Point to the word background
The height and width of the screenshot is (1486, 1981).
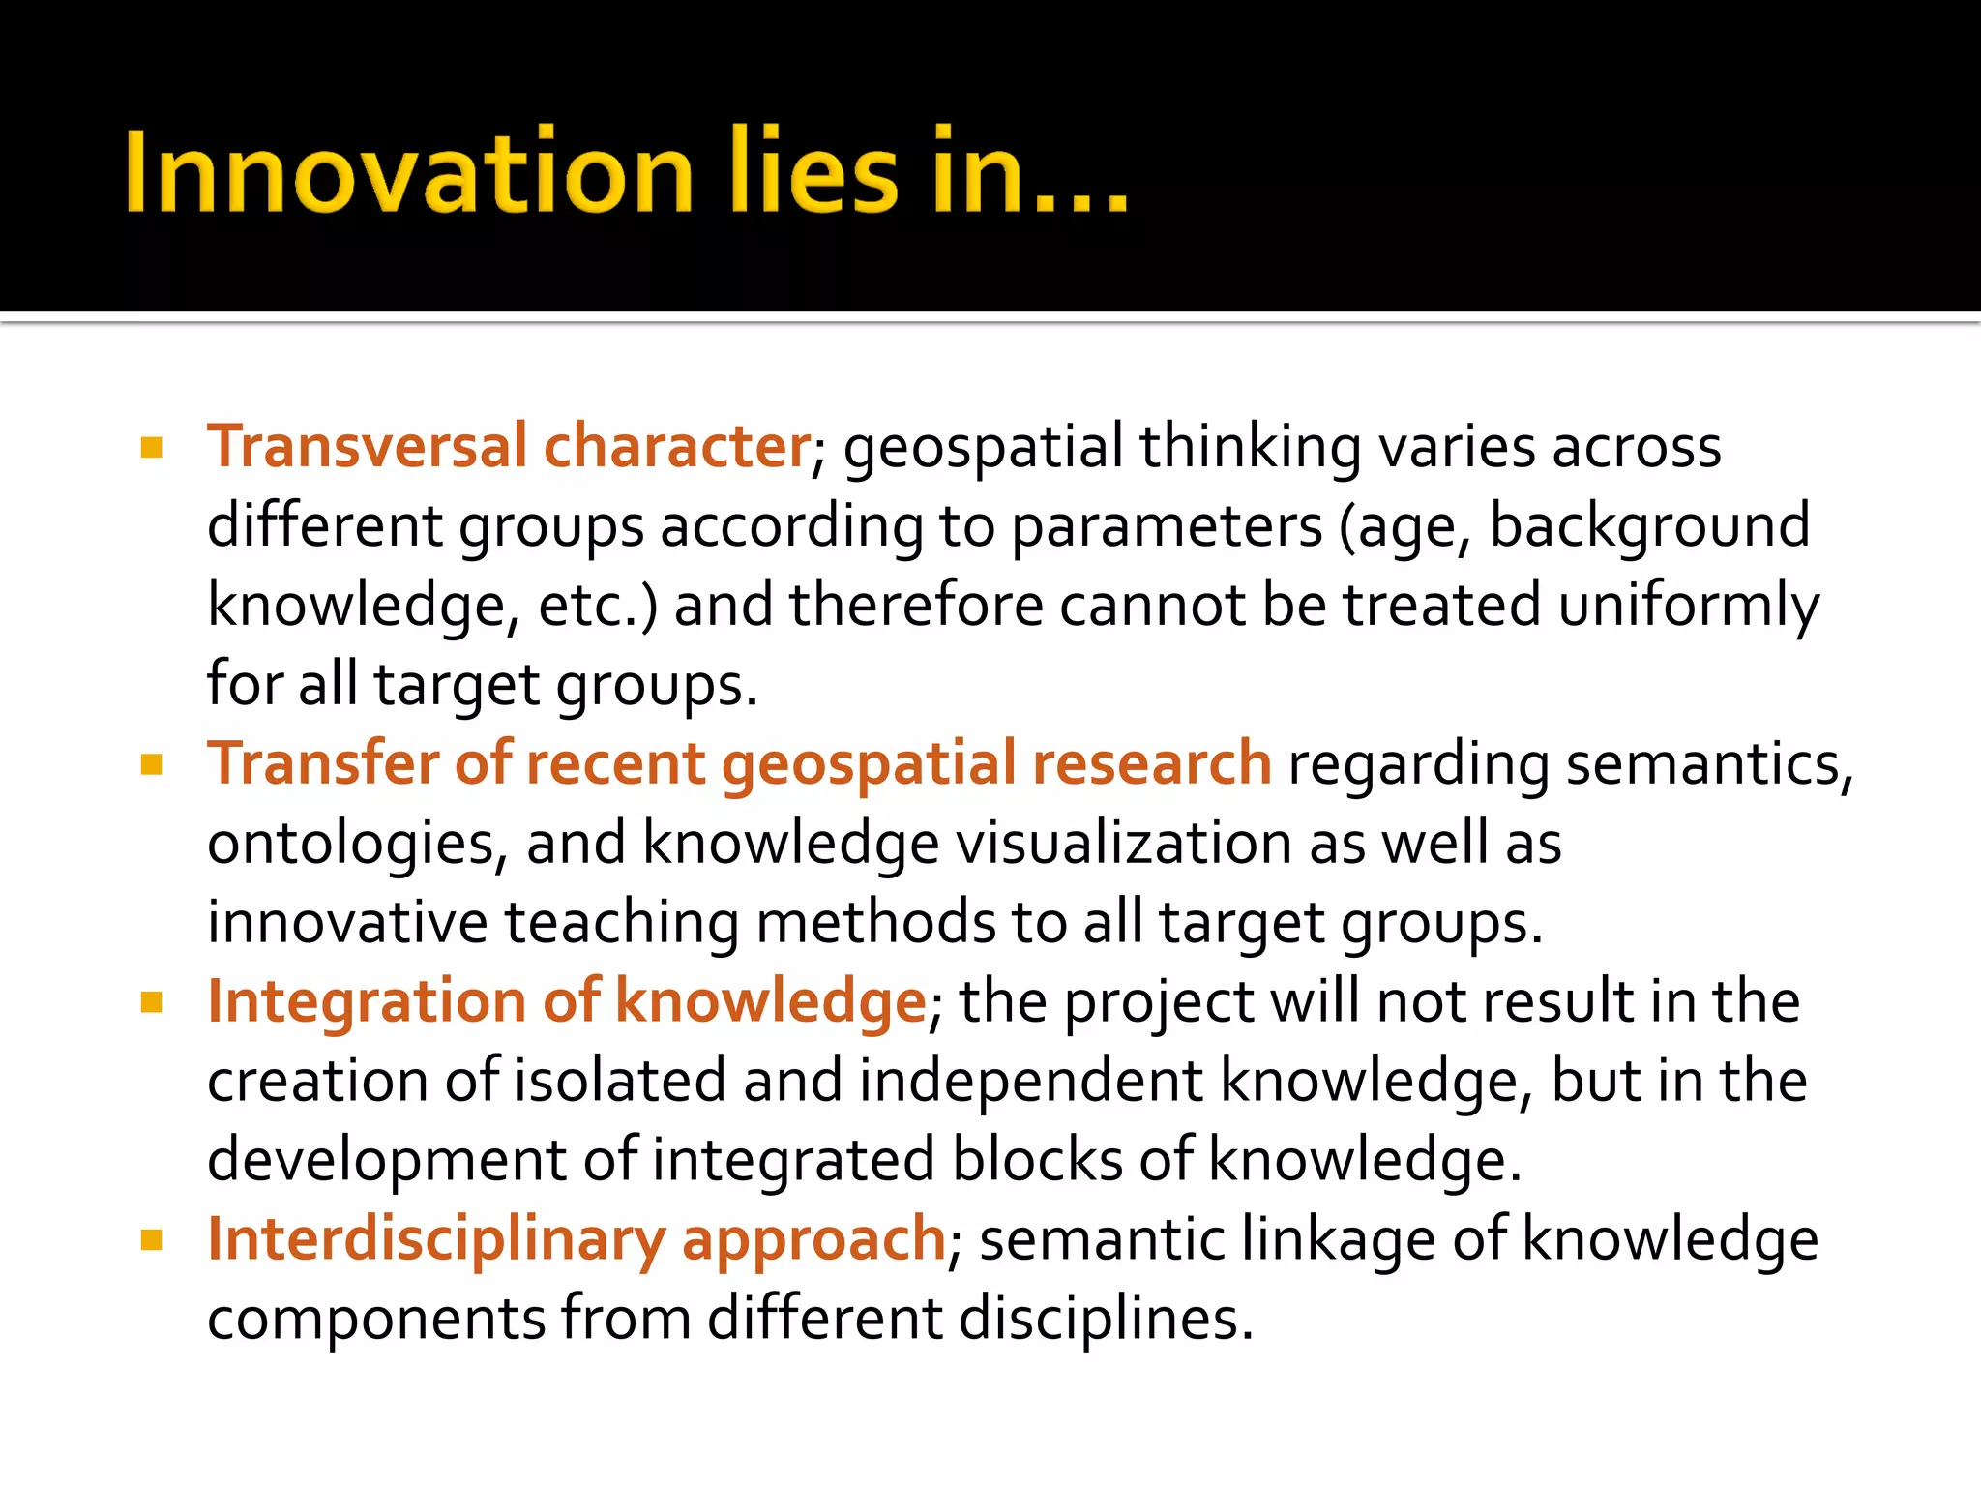[1649, 526]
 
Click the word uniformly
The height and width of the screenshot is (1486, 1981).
[1688, 607]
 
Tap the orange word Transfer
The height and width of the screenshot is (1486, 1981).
[323, 763]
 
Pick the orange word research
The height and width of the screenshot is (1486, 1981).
[1151, 763]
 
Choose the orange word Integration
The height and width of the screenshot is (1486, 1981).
[367, 1002]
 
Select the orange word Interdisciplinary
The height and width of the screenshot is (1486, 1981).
[436, 1240]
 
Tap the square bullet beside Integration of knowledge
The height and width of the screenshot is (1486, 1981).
[152, 1002]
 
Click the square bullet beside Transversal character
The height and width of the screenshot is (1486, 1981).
[152, 448]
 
